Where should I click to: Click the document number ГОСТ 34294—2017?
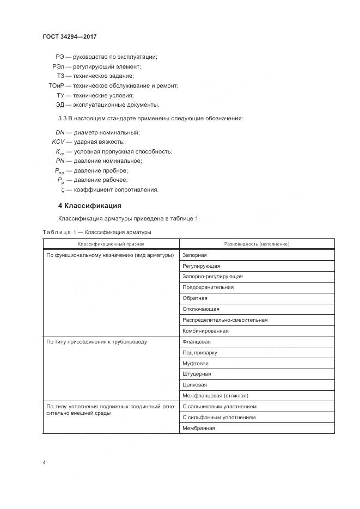[70, 37]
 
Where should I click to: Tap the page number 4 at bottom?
[44, 462]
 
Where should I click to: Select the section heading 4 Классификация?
[89, 206]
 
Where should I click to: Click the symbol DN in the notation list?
[60, 132]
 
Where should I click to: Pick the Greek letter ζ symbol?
[63, 190]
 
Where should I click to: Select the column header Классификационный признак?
[111, 244]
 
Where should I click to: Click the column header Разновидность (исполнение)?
[256, 244]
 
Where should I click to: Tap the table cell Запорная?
[195, 255]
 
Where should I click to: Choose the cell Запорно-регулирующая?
[212, 277]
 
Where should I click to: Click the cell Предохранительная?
[208, 287]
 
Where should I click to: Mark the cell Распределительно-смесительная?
[225, 320]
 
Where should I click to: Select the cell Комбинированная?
[205, 331]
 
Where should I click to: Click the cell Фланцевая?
[197, 342]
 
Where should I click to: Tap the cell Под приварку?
[200, 353]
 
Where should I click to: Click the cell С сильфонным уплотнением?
[219, 418]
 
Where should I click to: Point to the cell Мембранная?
[199, 428]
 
